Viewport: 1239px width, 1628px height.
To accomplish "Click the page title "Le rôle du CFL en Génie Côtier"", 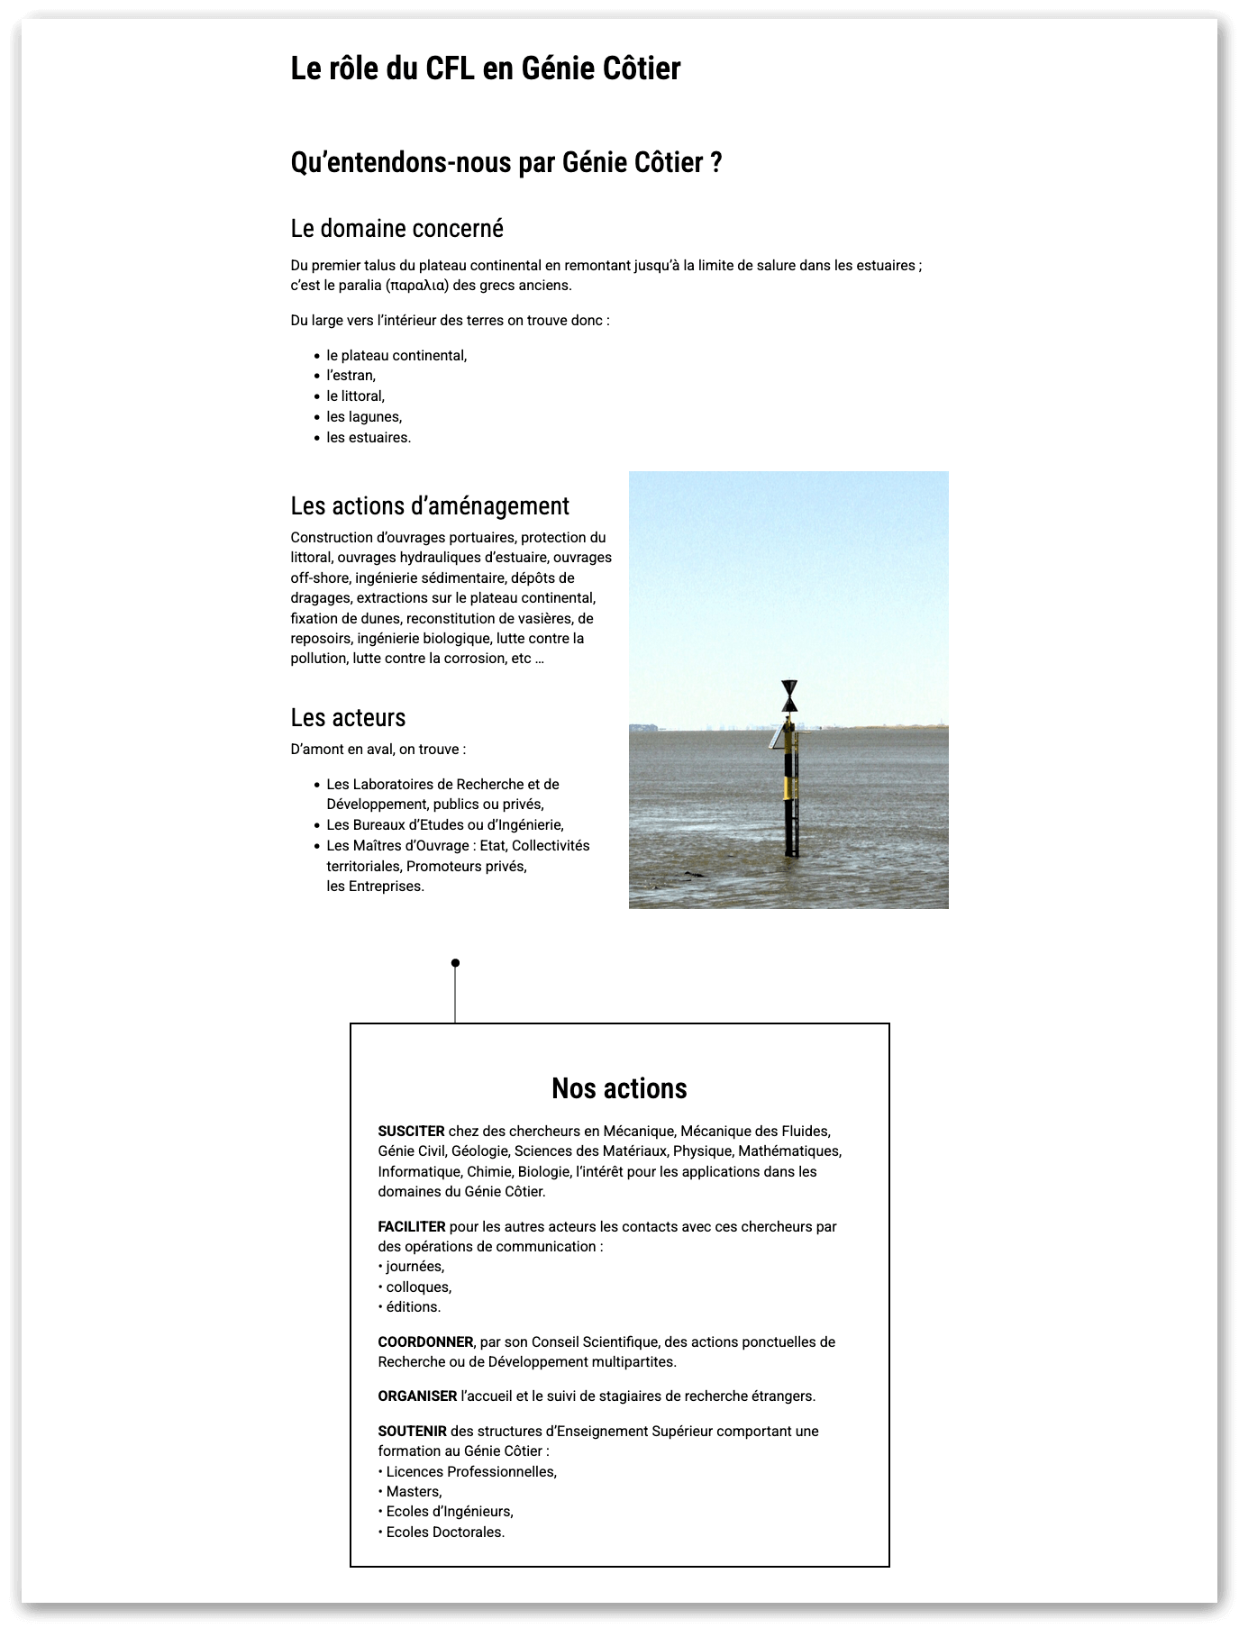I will click(485, 68).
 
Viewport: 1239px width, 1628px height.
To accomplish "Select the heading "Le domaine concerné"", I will click(396, 229).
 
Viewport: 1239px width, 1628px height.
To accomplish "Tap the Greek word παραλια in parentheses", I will click(416, 286).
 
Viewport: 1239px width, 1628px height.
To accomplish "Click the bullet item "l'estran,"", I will click(351, 376).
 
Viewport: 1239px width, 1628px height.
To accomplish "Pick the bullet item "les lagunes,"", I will click(364, 417).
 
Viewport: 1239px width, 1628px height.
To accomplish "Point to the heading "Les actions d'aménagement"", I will click(430, 506).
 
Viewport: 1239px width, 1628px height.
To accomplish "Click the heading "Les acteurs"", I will click(348, 718).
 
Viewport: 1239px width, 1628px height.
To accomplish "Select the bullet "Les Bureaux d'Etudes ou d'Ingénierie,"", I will click(444, 825).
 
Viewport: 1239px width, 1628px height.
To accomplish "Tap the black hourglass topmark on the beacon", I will click(789, 696).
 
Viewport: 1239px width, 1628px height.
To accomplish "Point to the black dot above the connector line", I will click(455, 963).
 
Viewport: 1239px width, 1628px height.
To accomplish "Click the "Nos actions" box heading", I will click(619, 1088).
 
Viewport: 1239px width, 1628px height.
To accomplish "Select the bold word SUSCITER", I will click(411, 1132).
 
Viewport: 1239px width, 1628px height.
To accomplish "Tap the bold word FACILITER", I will click(412, 1227).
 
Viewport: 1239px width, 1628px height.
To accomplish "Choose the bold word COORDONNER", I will click(425, 1342).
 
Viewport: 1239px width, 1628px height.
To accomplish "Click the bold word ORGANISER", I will click(417, 1396).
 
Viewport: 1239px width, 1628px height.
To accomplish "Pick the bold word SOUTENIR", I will click(412, 1432).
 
